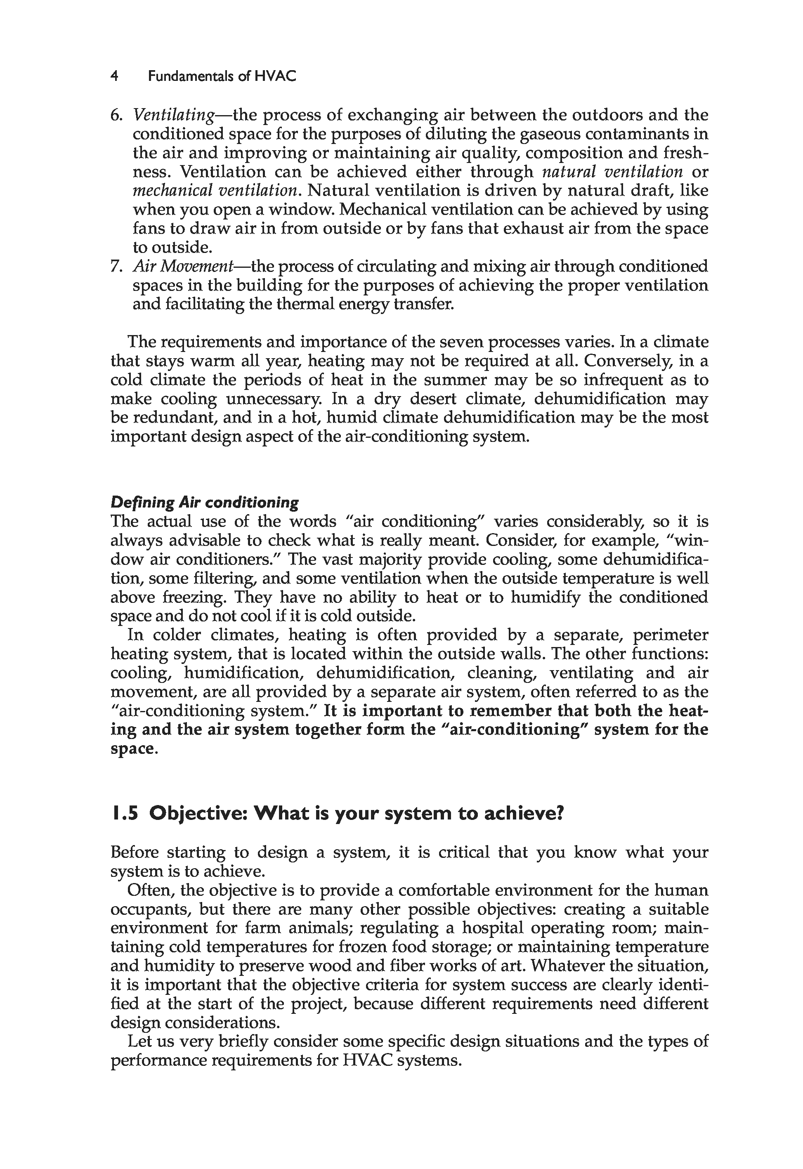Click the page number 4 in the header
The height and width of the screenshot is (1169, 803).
click(x=115, y=76)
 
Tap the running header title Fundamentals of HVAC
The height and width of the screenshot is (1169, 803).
click(x=222, y=76)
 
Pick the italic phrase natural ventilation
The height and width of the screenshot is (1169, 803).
click(x=612, y=172)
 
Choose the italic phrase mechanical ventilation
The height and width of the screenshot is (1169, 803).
click(x=215, y=191)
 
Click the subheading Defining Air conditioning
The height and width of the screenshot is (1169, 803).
click(x=204, y=503)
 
